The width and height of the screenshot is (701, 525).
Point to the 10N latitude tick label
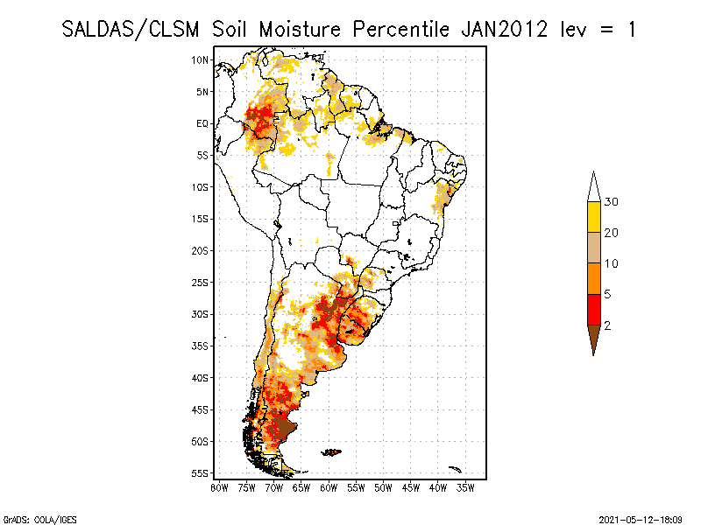201,59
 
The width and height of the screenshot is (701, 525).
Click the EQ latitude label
202,123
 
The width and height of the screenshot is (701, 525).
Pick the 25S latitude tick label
201,283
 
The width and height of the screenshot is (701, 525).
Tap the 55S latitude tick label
201,473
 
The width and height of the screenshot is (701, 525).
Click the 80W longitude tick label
219,487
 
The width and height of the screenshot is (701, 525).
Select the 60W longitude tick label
329,487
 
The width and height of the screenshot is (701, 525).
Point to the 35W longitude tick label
466,487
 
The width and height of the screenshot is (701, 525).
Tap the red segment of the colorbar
593,309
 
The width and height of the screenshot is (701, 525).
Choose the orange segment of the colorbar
593,278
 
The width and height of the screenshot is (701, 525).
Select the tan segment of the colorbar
593,248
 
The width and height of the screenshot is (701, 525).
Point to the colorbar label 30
612,202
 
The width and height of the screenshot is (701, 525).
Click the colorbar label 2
608,325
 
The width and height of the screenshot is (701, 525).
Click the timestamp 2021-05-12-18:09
641,518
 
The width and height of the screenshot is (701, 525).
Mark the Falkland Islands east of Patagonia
331,452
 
